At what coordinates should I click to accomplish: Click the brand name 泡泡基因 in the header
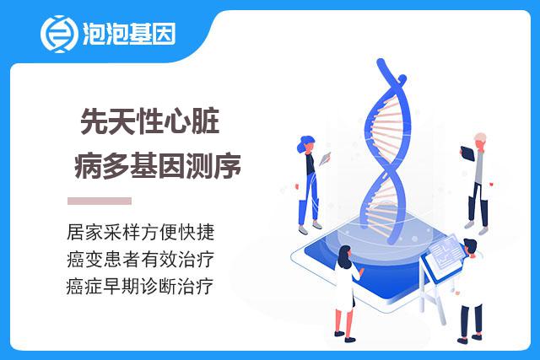pos(129,34)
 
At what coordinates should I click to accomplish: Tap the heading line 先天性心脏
pos(150,121)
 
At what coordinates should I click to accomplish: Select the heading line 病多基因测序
pos(158,165)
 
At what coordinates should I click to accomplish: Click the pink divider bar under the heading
pos(100,201)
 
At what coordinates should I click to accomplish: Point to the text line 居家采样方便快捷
pos(141,233)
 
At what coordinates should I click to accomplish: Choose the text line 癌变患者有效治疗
pos(141,259)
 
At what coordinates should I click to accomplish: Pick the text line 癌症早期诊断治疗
pos(140,286)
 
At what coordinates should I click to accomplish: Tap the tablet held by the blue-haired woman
pos(325,159)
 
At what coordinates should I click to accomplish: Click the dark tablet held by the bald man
pos(467,153)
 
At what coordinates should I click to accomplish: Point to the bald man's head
pos(480,140)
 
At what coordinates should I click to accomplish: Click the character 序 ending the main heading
pos(228,165)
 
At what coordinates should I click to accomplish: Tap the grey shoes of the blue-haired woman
pos(310,228)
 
